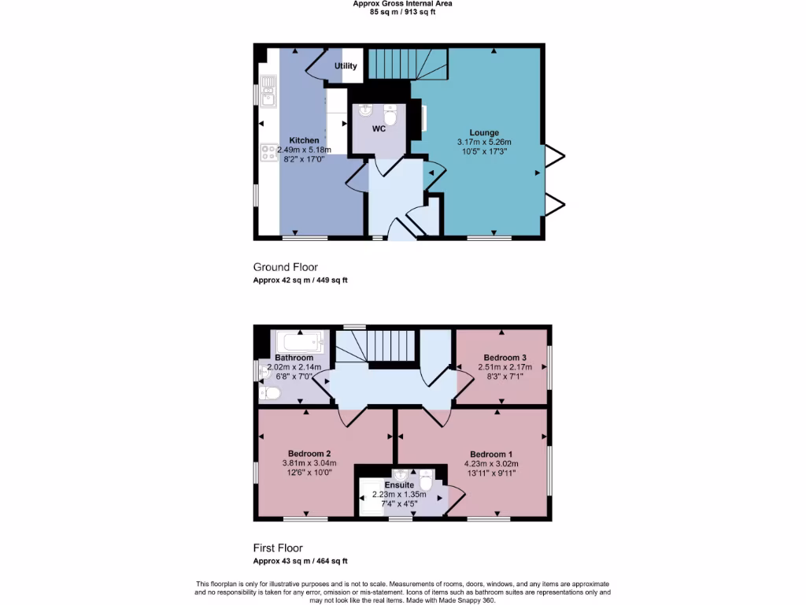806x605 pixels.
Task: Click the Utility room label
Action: (x=346, y=66)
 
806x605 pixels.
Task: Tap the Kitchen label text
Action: (x=304, y=140)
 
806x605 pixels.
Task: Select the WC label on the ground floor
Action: (x=379, y=128)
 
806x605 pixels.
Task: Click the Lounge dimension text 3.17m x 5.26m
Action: (x=484, y=141)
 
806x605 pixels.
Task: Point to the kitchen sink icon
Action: (x=268, y=91)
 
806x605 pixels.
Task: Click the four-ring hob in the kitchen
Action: (x=268, y=152)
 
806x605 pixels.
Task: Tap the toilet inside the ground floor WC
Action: (x=394, y=115)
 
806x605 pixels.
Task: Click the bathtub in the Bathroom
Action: (x=299, y=342)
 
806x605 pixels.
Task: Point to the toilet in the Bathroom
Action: (x=268, y=392)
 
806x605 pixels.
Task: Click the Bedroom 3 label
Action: (x=505, y=358)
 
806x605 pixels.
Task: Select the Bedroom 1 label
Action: (x=491, y=455)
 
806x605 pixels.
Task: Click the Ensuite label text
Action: (x=399, y=485)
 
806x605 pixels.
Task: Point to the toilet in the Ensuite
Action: (x=426, y=480)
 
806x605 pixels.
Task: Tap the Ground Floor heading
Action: (x=285, y=267)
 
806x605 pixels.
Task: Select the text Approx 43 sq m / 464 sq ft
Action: (x=300, y=561)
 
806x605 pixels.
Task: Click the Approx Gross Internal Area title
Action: (x=402, y=4)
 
